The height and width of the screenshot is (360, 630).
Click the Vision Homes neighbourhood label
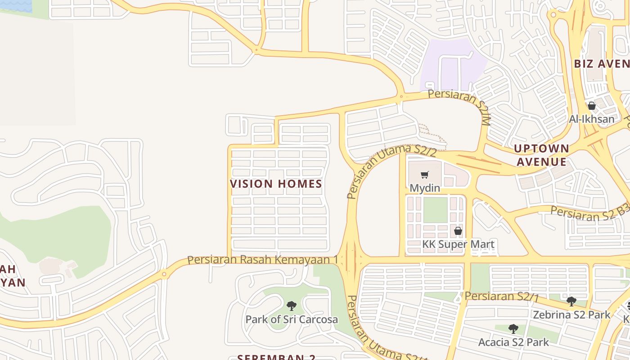tap(276, 184)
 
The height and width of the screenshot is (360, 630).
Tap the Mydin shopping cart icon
tap(424, 175)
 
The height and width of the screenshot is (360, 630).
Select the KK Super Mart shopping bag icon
tap(458, 231)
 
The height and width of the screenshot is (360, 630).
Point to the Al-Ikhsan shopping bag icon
tap(591, 106)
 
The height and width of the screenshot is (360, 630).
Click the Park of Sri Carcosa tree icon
tap(292, 306)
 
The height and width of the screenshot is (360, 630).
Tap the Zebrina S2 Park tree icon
tap(571, 301)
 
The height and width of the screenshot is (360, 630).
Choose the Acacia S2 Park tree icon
tap(513, 329)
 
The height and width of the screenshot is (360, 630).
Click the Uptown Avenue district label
tap(542, 155)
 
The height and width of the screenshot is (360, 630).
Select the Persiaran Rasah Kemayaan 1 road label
tap(262, 260)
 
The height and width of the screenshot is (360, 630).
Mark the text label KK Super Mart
tap(458, 244)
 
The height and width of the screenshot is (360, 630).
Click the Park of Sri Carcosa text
tap(292, 319)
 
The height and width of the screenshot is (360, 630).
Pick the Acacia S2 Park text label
tap(513, 342)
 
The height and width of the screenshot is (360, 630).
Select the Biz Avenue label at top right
tap(601, 63)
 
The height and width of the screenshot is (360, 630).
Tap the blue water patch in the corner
tap(16, 5)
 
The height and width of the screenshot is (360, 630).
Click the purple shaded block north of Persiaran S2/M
tap(452, 63)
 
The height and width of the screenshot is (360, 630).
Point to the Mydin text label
tap(424, 187)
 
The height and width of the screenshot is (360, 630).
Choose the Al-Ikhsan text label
tap(591, 119)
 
